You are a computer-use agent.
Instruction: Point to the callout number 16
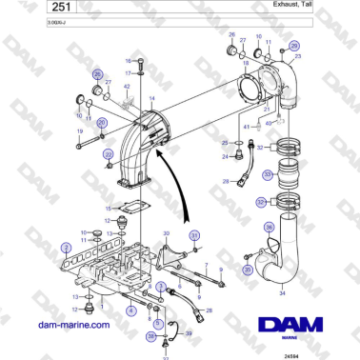pyautogui.click(x=130, y=60)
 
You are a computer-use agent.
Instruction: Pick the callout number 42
pyautogui.click(x=127, y=87)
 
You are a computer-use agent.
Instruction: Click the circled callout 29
pyautogui.click(x=293, y=46)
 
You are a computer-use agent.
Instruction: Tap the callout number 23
pyautogui.click(x=298, y=57)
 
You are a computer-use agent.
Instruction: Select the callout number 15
pyautogui.click(x=109, y=208)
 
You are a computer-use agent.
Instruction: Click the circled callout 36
pyautogui.click(x=269, y=227)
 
